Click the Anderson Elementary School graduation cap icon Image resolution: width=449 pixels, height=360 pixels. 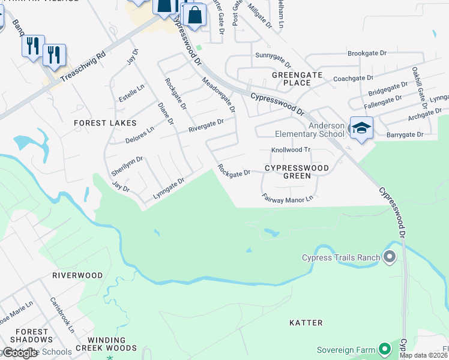pyautogui.click(x=361, y=128)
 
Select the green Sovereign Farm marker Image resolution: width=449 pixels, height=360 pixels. pyautogui.click(x=385, y=349)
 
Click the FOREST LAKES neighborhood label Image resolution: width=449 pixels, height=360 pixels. pyautogui.click(x=98, y=122)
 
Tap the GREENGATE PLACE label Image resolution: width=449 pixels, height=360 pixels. pyautogui.click(x=297, y=79)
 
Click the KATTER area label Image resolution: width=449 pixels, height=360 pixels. pyautogui.click(x=306, y=323)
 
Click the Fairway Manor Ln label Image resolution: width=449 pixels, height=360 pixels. pyautogui.click(x=288, y=197)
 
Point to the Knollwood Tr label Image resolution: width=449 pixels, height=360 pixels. pyautogui.click(x=291, y=150)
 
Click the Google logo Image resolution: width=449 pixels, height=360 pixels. pyautogui.click(x=20, y=353)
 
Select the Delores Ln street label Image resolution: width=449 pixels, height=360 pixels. pyautogui.click(x=139, y=135)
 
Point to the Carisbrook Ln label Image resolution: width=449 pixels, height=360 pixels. pyautogui.click(x=62, y=315)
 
